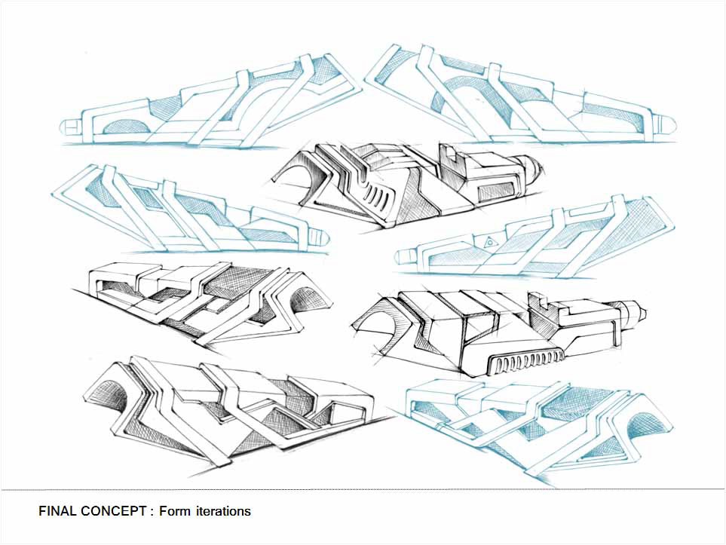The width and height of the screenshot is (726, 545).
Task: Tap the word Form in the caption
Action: [x=175, y=511]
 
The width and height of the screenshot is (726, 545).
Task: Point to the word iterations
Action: [x=223, y=511]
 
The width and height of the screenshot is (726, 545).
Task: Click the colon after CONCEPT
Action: [x=152, y=512]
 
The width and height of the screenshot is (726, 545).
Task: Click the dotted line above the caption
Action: [x=363, y=490]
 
